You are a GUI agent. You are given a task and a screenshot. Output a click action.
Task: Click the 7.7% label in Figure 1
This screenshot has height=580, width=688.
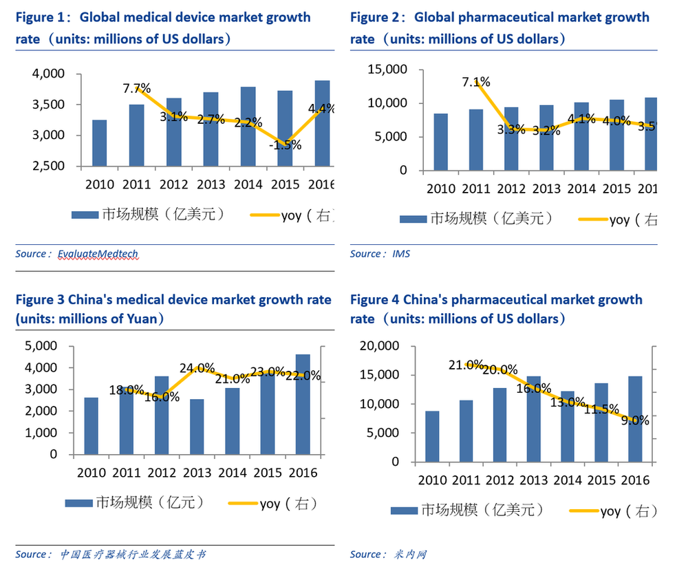136,88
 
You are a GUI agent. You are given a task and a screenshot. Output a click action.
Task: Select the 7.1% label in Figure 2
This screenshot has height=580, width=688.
476,83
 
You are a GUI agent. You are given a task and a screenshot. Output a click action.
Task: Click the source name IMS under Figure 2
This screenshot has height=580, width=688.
401,254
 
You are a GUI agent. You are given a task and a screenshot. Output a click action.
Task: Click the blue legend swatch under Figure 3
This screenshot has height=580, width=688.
79,504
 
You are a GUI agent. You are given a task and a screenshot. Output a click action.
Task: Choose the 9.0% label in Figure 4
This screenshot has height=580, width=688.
635,420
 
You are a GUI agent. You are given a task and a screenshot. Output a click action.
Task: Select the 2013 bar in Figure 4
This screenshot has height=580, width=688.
534,419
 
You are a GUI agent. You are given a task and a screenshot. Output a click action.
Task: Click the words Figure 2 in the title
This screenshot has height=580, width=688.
376,17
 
